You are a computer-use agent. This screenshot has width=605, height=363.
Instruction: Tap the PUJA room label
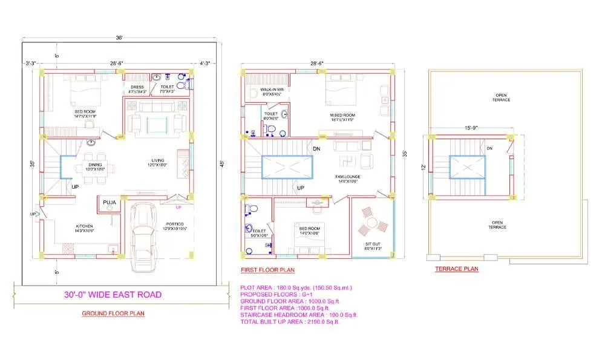point(109,202)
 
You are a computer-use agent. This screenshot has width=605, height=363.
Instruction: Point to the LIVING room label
point(157,161)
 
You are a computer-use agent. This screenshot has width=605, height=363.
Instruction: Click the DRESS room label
point(137,87)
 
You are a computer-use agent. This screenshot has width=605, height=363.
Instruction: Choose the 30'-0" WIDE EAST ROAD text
point(113,295)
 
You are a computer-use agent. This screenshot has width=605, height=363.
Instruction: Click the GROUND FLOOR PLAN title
point(113,313)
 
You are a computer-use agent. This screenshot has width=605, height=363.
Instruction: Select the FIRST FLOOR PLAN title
point(267,270)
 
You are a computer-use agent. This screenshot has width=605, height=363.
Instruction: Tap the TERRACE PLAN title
point(457,269)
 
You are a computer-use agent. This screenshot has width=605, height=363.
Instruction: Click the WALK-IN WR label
point(272,90)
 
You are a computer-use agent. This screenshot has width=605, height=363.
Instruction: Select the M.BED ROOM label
point(342,114)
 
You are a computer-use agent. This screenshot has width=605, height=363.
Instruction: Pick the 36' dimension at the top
point(120,38)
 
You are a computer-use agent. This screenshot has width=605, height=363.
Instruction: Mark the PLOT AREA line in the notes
point(296,287)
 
